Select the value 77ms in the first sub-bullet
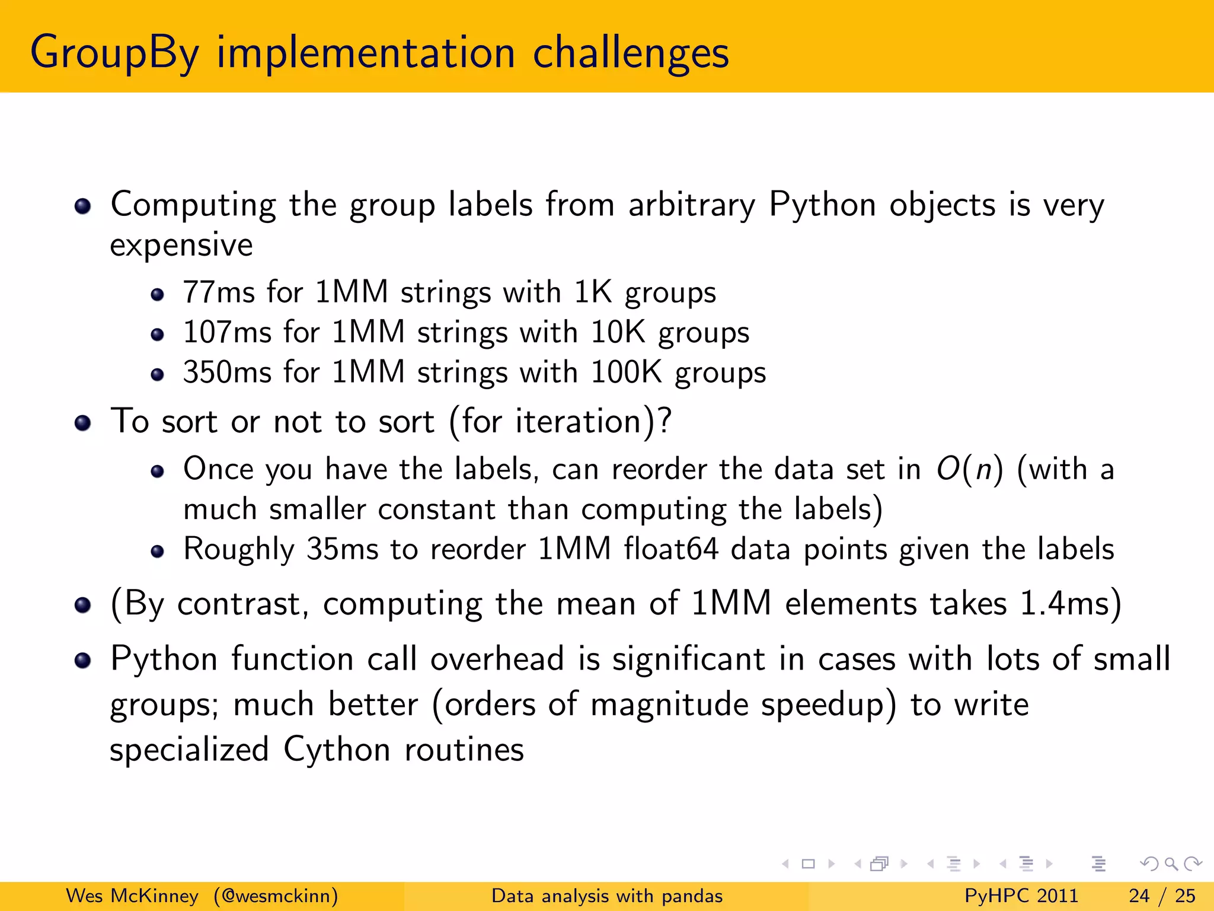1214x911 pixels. [219, 292]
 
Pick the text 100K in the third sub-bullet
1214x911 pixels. [626, 372]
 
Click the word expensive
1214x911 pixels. [181, 245]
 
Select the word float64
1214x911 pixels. [671, 549]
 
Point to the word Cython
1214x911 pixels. [337, 750]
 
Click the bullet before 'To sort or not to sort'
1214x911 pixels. [83, 423]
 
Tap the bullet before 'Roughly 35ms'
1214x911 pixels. [157, 552]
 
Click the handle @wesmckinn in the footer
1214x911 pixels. [276, 896]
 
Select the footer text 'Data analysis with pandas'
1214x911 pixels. [607, 896]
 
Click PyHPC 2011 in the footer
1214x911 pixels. [1021, 896]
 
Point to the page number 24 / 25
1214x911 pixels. [1162, 896]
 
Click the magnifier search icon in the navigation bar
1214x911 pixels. [1171, 864]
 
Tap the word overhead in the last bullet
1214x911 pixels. [497, 659]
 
